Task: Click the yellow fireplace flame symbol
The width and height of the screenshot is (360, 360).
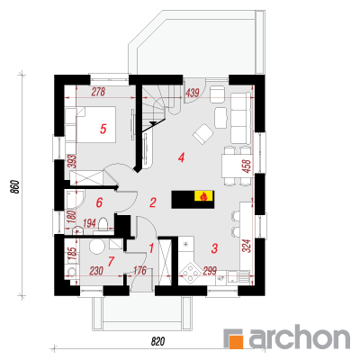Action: click(x=204, y=196)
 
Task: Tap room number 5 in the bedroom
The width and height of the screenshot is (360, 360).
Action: click(x=103, y=130)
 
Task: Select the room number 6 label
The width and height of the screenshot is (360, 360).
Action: click(x=99, y=202)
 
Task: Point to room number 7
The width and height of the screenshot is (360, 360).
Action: click(x=111, y=262)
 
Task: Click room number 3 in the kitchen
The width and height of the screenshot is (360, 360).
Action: click(x=214, y=248)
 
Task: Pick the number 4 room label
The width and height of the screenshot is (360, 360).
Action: click(x=181, y=157)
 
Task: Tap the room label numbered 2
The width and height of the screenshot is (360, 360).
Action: click(x=153, y=202)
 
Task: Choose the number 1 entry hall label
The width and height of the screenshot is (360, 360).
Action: click(x=151, y=248)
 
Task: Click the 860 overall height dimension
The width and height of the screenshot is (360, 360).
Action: click(x=16, y=187)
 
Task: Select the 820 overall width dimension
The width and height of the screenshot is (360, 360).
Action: click(x=158, y=341)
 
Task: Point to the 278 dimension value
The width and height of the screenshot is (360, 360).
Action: click(x=98, y=92)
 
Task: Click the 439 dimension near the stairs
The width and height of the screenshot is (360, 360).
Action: click(x=193, y=93)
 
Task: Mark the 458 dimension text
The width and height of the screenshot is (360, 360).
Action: click(x=247, y=166)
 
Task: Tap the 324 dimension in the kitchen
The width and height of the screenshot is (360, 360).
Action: click(x=247, y=246)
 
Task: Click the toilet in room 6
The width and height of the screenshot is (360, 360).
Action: click(x=103, y=224)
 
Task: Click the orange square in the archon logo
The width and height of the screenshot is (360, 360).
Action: click(x=236, y=342)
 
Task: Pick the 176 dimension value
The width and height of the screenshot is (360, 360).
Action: click(x=139, y=271)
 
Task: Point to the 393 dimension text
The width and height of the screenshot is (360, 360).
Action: click(x=74, y=161)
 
